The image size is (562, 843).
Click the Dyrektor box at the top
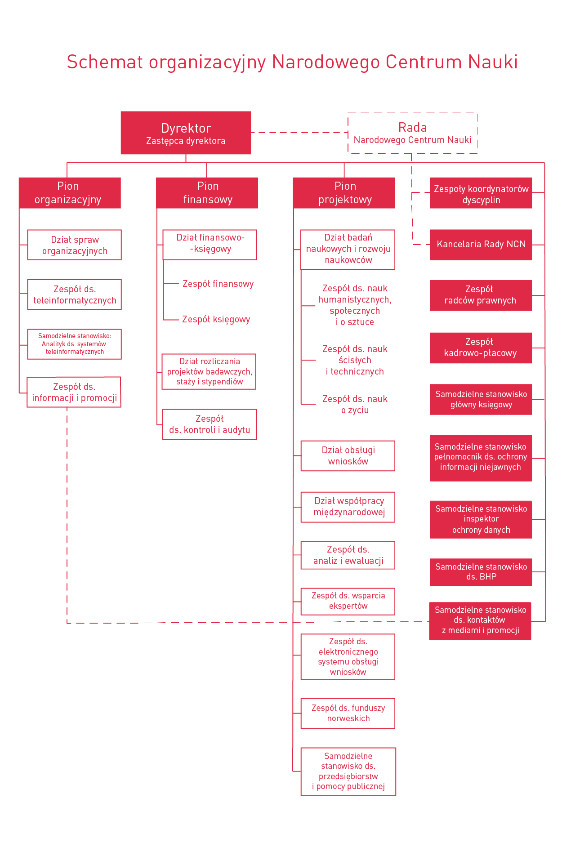(186, 133)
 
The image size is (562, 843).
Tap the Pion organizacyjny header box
(70, 193)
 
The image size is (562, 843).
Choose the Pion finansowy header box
(207, 193)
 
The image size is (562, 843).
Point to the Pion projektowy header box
(344, 193)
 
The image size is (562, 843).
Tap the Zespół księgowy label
(216, 320)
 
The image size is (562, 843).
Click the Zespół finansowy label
(218, 284)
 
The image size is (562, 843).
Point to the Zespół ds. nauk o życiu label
(355, 404)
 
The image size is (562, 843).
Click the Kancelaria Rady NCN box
(481, 245)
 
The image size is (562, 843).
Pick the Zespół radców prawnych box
(481, 295)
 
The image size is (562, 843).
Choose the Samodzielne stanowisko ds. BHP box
(481, 572)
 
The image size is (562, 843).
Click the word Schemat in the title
(105, 62)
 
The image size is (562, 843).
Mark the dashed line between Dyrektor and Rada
(299, 133)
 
